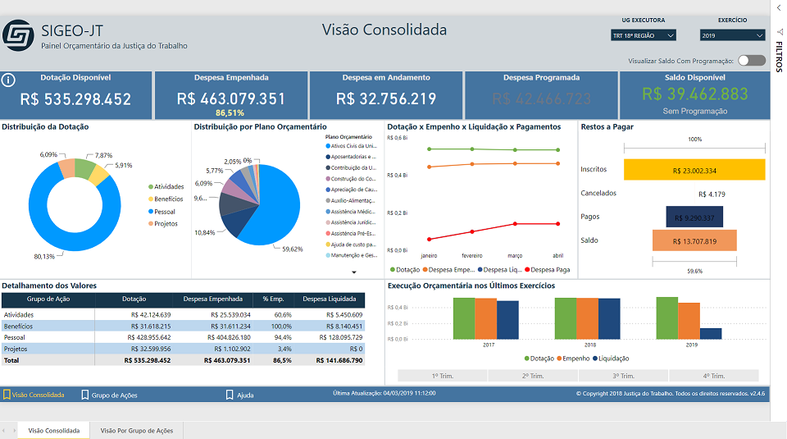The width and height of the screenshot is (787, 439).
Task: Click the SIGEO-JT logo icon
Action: click(x=18, y=35)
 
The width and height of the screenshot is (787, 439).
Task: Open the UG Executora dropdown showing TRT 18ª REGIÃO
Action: click(x=644, y=35)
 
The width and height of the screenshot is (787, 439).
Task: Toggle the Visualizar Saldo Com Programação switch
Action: click(x=751, y=60)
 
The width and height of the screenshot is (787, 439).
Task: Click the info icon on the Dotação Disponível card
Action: click(x=9, y=80)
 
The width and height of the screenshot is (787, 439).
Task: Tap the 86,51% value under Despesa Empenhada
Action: click(x=230, y=112)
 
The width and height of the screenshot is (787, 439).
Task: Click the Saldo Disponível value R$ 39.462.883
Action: click(x=695, y=94)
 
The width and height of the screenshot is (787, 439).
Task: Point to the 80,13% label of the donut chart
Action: click(x=44, y=256)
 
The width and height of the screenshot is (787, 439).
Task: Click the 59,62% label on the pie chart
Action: click(x=292, y=249)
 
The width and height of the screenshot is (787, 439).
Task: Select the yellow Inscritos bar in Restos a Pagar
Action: click(x=694, y=170)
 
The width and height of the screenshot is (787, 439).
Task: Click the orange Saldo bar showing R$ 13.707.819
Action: click(x=694, y=240)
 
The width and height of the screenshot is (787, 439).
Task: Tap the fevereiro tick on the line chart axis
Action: click(x=471, y=255)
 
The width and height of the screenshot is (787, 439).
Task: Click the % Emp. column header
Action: click(x=272, y=300)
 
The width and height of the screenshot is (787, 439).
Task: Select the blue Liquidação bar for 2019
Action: click(x=711, y=333)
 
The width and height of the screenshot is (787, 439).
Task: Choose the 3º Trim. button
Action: click(x=622, y=376)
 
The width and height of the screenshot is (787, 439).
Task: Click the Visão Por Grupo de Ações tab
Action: click(x=136, y=430)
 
